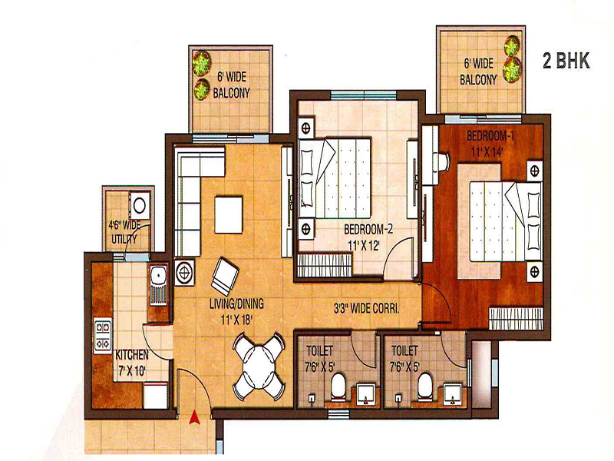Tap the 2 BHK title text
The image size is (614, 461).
tap(566, 61)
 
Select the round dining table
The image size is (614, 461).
tap(259, 366)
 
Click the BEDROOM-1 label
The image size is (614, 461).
tap(490, 136)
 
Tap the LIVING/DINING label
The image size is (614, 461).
tap(236, 303)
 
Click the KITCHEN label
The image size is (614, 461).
tap(132, 355)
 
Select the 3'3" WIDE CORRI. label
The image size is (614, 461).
tap(367, 309)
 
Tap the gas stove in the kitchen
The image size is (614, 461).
tap(103, 334)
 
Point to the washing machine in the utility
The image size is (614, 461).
tap(140, 204)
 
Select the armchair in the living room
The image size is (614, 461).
tap(224, 277)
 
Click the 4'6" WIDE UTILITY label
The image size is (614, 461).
tap(124, 232)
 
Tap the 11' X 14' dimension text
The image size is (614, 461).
tap(487, 152)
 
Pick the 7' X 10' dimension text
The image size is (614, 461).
tap(132, 370)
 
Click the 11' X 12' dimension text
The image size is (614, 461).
tap(364, 246)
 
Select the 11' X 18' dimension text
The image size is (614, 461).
tap(236, 320)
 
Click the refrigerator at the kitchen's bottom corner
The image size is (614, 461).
tap(155, 396)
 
